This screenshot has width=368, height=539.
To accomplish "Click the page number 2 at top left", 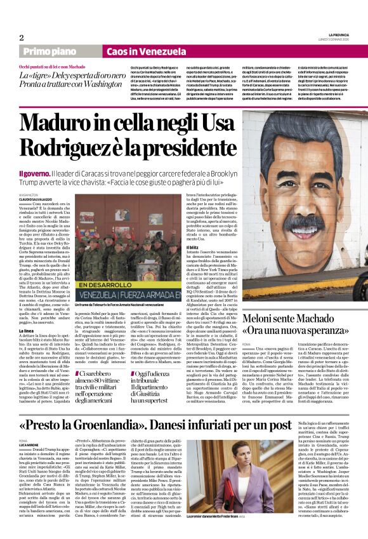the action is pyautogui.click(x=21, y=37).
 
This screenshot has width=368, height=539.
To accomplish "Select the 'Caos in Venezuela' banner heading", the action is pyautogui.click(x=136, y=51).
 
